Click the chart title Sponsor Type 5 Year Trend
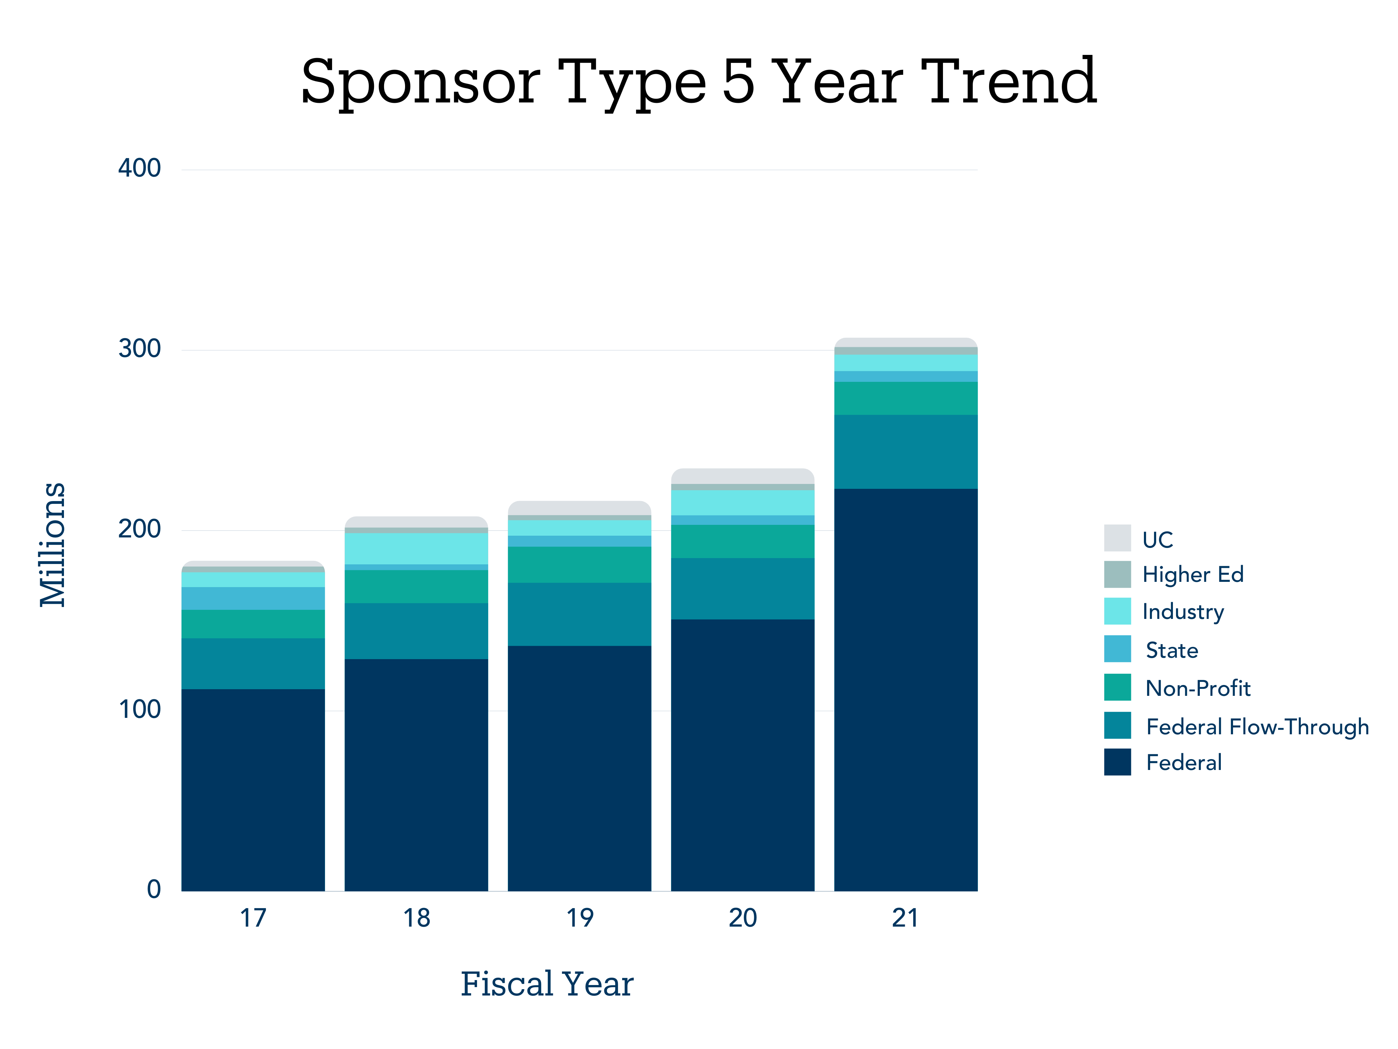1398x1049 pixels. (698, 82)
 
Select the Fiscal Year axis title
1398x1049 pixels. (547, 984)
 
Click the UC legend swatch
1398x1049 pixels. (1117, 538)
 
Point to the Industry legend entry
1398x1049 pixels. (1183, 612)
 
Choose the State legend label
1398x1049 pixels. (1172, 650)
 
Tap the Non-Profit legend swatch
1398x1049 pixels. (1117, 687)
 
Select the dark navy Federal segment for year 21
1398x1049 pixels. (906, 689)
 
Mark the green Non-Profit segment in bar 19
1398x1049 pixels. (579, 565)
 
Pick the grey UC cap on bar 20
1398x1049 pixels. (743, 476)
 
